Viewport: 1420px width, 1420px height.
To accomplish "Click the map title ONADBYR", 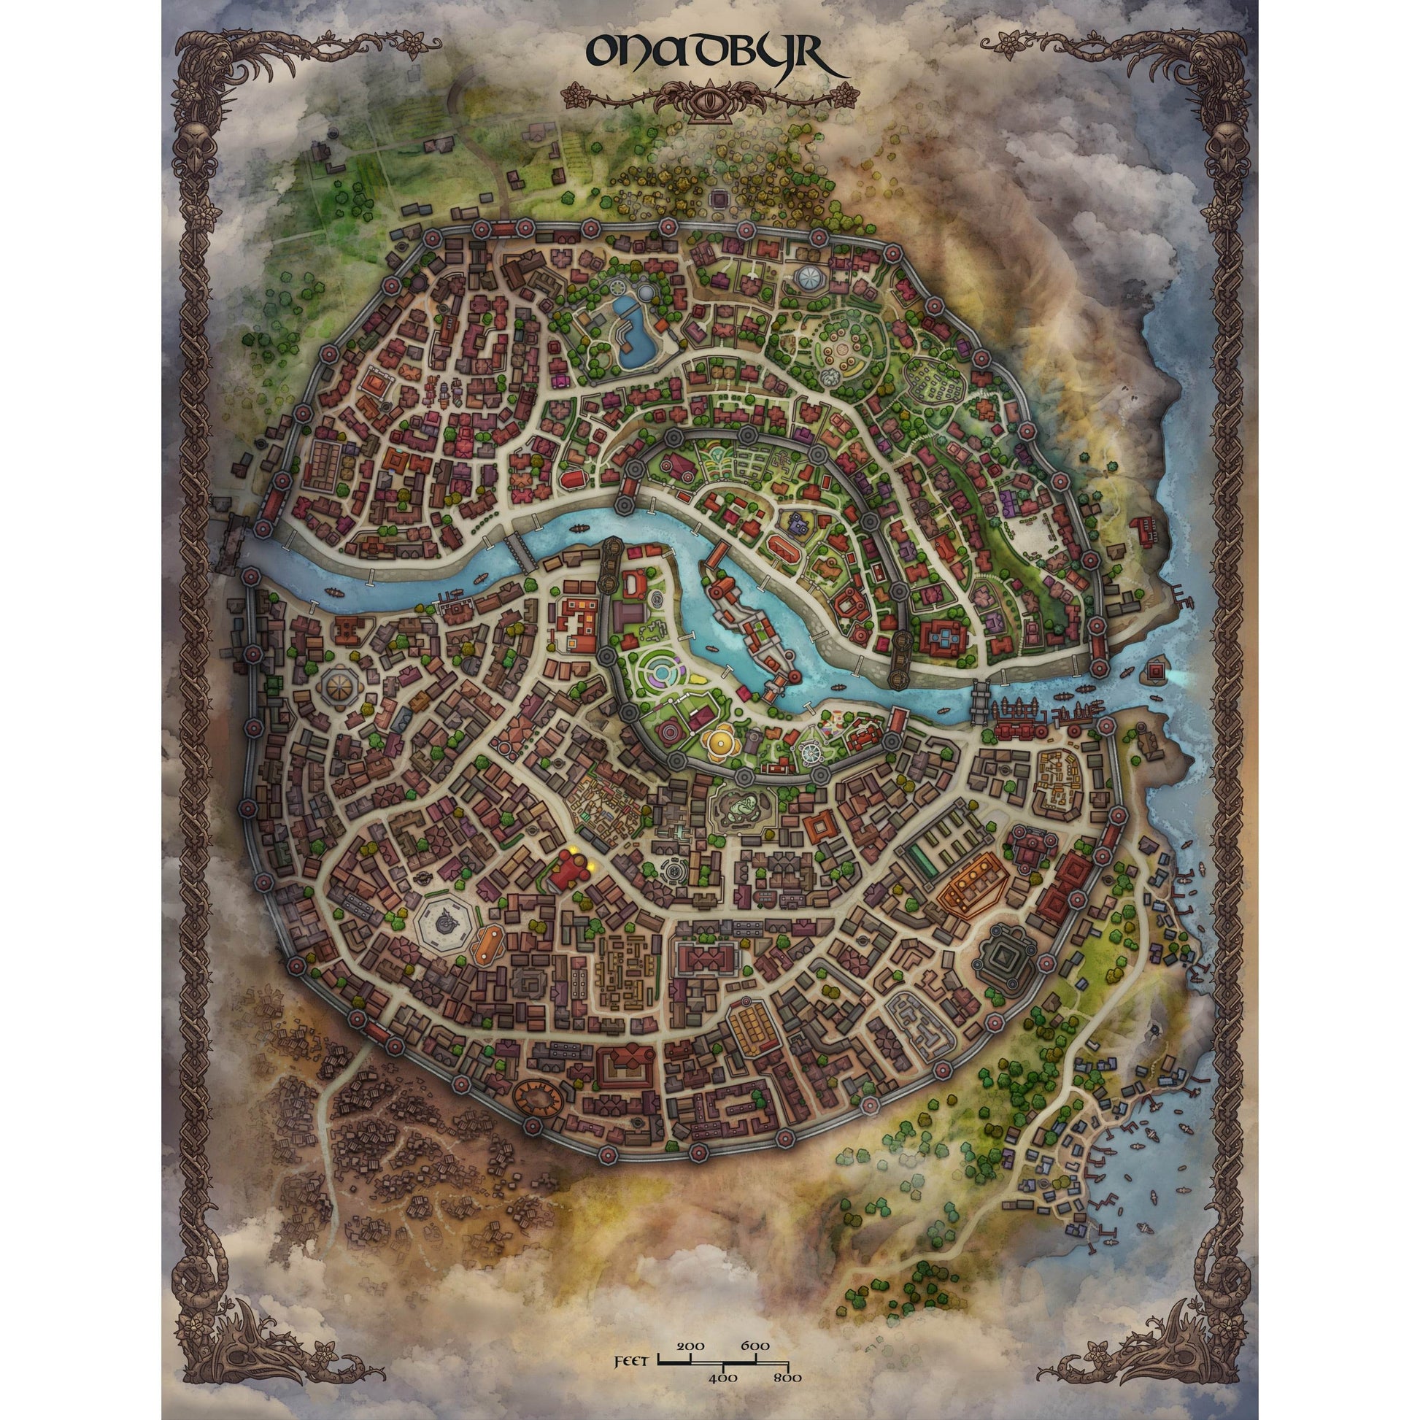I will coord(710,55).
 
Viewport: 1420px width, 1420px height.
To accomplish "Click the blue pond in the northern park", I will coord(633,332).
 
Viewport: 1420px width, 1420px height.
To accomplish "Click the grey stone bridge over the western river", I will coord(521,550).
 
